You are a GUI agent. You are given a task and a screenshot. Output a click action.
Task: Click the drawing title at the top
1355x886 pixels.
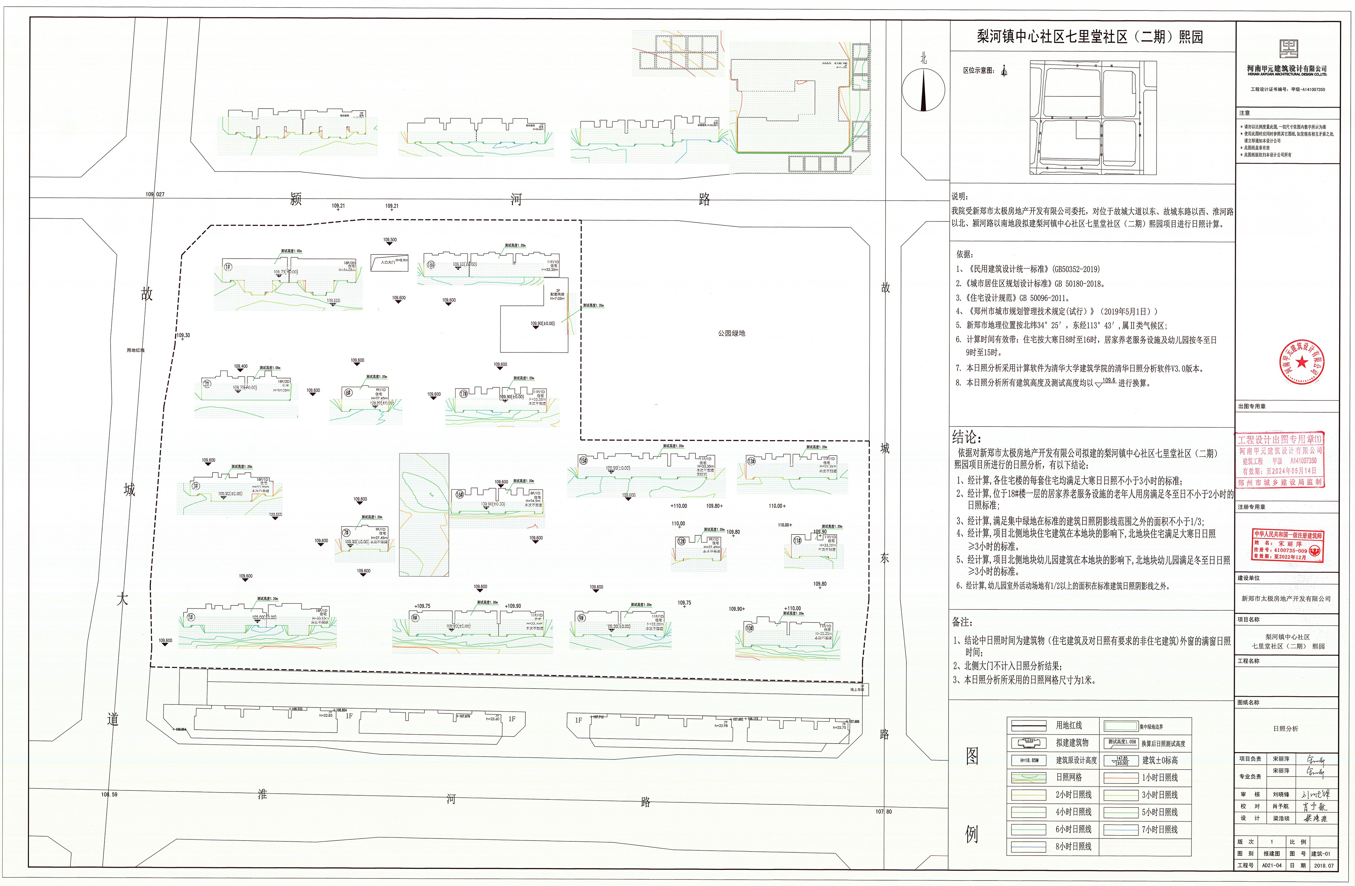coord(1090,37)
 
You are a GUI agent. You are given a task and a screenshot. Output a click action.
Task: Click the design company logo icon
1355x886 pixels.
coord(1286,50)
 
